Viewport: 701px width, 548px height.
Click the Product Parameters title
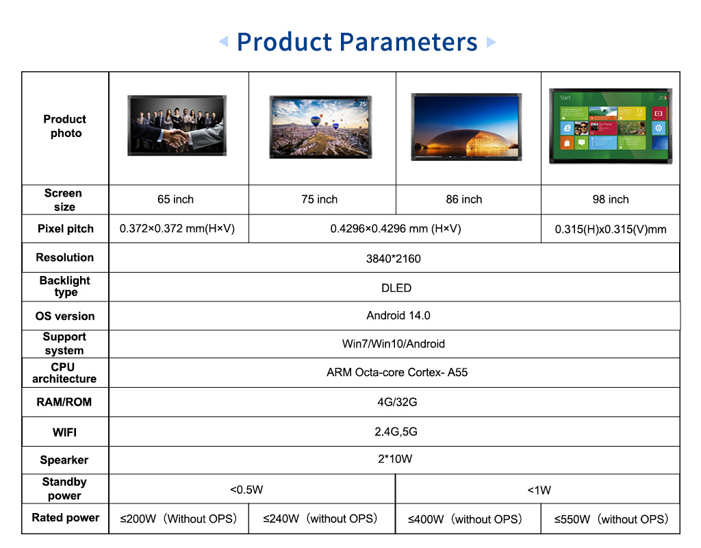coord(357,42)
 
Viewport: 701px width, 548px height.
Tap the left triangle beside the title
coord(224,42)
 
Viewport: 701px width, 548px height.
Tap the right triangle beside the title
coord(491,42)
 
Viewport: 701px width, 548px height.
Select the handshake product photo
coord(177,125)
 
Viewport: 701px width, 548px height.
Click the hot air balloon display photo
coord(320,127)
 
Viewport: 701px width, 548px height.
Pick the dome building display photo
coord(466,127)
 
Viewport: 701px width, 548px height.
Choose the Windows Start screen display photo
coord(611,126)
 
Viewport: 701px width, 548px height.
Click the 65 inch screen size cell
coord(176,199)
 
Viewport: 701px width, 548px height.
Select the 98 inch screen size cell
coord(611,199)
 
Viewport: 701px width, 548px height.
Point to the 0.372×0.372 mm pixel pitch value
coord(177,229)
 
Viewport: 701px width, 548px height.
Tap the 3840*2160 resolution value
coord(394,258)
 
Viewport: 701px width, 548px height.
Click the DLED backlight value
coord(396,288)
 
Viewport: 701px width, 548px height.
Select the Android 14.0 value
coord(398,316)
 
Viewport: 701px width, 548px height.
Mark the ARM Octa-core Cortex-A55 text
coord(397,372)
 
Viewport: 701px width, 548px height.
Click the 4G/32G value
coord(397,402)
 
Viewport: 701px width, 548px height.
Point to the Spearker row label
coord(64,460)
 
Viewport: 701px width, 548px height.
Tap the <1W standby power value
coord(539,490)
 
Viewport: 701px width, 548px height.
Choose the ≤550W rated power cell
coord(611,519)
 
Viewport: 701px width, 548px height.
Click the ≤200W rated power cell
coord(179,519)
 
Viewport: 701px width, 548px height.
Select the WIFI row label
coord(65,433)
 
